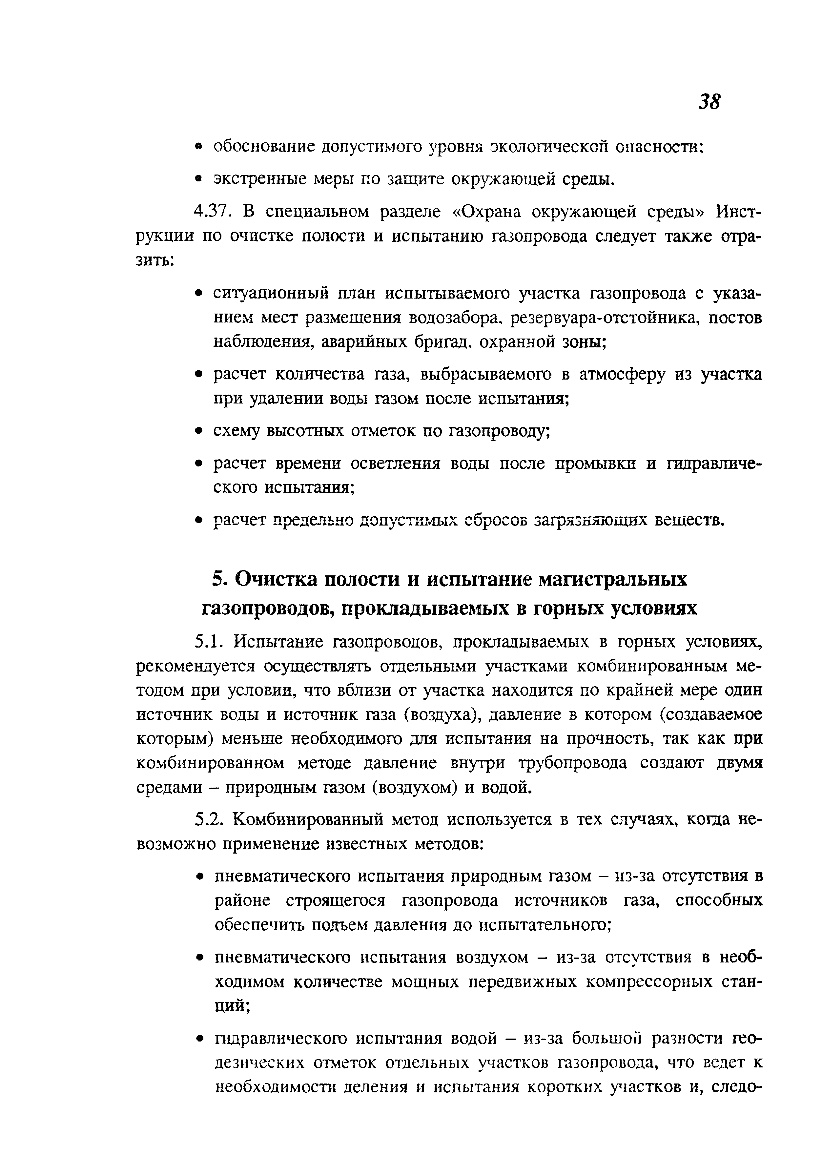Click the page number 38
(709, 103)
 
